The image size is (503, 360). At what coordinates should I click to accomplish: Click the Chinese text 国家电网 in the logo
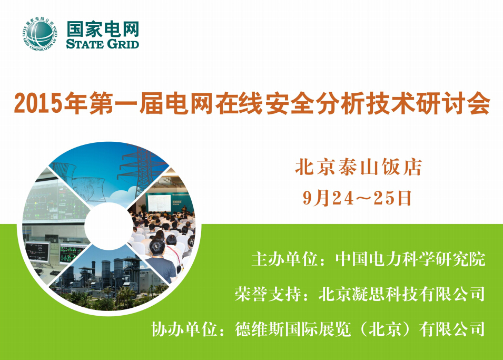tap(103, 29)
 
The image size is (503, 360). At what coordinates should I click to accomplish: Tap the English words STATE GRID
tap(103, 44)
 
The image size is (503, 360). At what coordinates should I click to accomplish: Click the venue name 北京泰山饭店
tap(358, 167)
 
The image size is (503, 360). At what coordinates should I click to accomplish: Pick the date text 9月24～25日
tap(357, 198)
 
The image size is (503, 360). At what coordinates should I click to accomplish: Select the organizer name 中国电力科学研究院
tap(410, 259)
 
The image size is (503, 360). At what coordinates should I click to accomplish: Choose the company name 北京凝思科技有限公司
tap(402, 294)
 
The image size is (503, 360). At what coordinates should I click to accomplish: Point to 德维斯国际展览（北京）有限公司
tap(360, 329)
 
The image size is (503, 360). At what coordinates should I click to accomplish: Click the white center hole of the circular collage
tap(109, 226)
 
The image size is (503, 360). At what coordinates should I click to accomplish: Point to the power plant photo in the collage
tap(109, 279)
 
